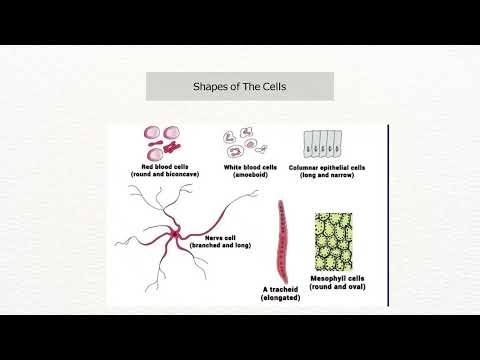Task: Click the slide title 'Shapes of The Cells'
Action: [x=239, y=87]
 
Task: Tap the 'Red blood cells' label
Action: [x=161, y=166]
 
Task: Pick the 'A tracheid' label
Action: [x=279, y=290]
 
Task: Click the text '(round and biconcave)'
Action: [x=161, y=174]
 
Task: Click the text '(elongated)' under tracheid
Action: [x=279, y=298]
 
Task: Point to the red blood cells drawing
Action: [x=164, y=142]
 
